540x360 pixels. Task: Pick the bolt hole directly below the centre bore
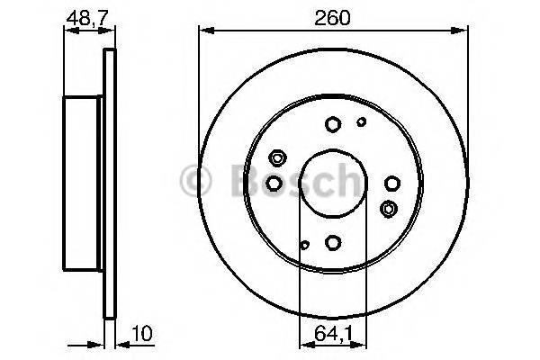point(333,241)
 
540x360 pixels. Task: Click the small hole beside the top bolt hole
point(361,121)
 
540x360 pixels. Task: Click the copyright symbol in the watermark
point(196,181)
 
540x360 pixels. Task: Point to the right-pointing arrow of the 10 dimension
point(98,342)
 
